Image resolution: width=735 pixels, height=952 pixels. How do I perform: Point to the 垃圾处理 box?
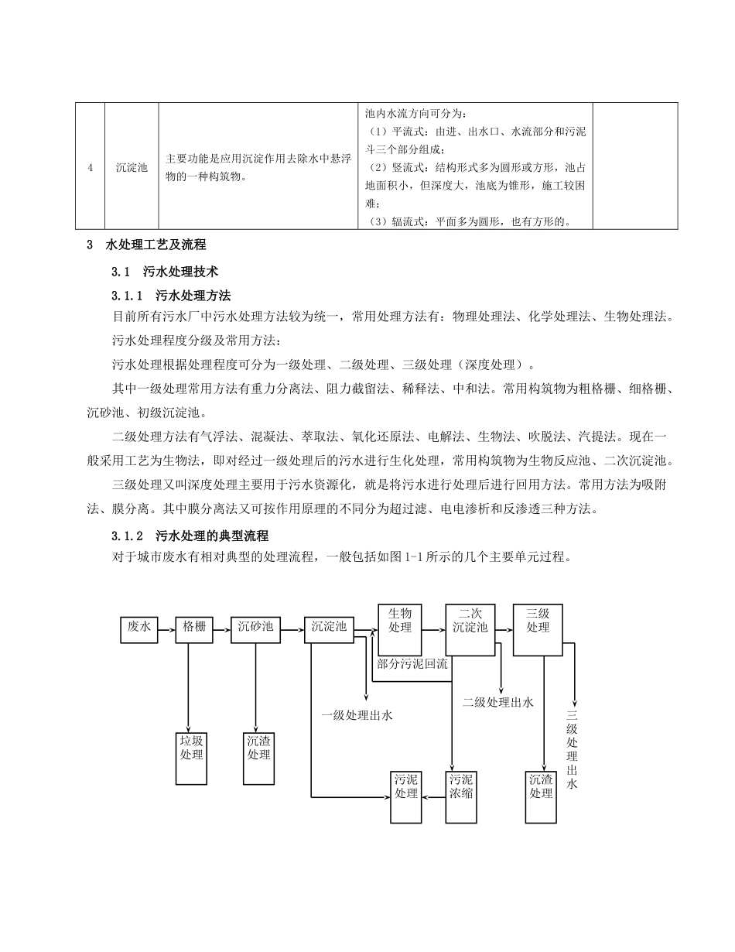(x=191, y=758)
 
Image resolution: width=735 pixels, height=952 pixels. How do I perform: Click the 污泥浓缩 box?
(x=461, y=796)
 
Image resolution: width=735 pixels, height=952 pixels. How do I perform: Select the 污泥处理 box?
(x=406, y=796)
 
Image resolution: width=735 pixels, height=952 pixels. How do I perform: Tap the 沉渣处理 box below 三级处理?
(x=541, y=796)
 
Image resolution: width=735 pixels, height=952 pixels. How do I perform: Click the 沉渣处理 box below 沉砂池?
(x=258, y=758)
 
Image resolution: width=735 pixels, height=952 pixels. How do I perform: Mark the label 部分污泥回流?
(x=412, y=663)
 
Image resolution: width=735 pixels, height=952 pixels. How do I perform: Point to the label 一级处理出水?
(x=357, y=715)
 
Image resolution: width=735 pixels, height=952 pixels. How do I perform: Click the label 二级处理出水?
(x=498, y=703)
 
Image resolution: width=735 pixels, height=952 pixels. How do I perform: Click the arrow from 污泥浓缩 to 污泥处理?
(x=434, y=796)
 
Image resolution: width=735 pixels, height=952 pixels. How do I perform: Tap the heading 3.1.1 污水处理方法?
(x=172, y=296)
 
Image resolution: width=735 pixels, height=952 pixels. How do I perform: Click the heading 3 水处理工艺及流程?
(x=146, y=245)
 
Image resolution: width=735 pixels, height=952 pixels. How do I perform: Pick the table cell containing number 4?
(x=90, y=166)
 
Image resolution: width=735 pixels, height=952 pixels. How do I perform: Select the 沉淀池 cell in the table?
(x=132, y=166)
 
